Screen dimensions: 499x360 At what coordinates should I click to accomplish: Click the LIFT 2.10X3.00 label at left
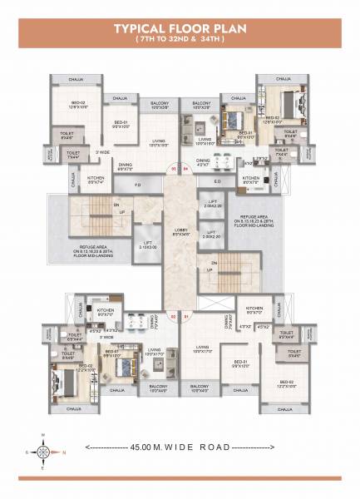click(x=149, y=245)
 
